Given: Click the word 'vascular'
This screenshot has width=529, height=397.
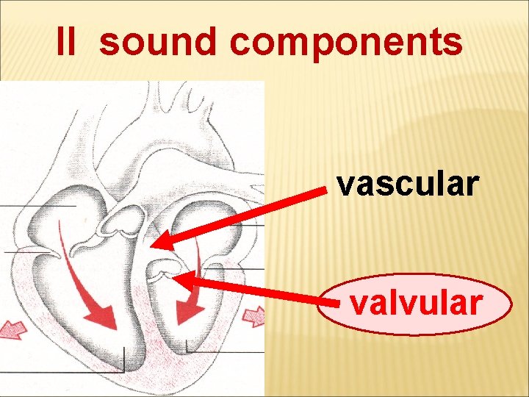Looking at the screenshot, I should pos(408,185).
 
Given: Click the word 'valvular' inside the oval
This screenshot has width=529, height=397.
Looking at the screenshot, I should pos(416,303).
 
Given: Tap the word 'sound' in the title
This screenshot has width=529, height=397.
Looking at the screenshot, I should pos(157,43).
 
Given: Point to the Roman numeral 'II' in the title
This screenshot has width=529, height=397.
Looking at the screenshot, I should pos(66,43).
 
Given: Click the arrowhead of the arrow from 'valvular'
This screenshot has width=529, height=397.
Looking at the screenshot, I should pos(183,280).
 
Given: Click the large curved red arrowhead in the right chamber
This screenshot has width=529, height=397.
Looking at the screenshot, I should pos(187,313).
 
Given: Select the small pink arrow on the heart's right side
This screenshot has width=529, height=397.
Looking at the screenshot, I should pos(254,316).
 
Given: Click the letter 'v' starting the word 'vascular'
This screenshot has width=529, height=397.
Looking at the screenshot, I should pos(345,185).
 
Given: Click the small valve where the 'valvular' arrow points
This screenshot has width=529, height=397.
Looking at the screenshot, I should pos(163,271).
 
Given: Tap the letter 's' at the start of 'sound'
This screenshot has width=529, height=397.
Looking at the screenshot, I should pos(109,43).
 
